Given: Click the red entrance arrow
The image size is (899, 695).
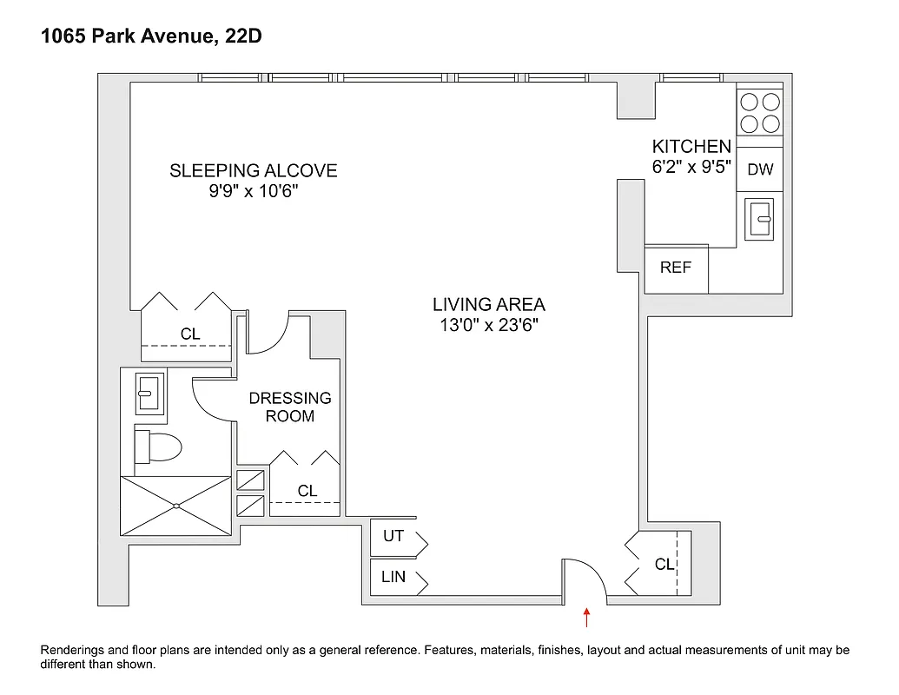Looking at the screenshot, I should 587,617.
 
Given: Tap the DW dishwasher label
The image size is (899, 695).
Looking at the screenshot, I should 760,170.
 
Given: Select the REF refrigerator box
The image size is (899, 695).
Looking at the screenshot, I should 676,268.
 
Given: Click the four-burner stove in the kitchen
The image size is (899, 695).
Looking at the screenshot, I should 760,112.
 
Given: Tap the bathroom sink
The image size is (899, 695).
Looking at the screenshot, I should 149,392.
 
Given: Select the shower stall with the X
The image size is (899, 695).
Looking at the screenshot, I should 176,506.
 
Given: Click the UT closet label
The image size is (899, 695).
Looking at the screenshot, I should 393,536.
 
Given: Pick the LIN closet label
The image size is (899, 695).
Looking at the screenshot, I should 393,577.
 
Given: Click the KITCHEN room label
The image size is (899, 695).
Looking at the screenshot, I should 691,147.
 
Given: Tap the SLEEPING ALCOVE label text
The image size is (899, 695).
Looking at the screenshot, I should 253,171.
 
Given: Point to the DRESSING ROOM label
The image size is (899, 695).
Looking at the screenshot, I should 290,407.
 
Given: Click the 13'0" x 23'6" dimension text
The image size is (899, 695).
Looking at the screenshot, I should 489,326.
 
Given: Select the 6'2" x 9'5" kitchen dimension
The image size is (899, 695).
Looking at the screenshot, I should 691,167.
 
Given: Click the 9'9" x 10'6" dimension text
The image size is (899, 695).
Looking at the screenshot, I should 253,192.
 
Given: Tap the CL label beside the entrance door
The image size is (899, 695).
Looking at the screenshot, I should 664,565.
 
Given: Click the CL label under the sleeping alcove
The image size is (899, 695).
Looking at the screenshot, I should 190,334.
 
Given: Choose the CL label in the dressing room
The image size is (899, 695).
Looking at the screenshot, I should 307,491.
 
